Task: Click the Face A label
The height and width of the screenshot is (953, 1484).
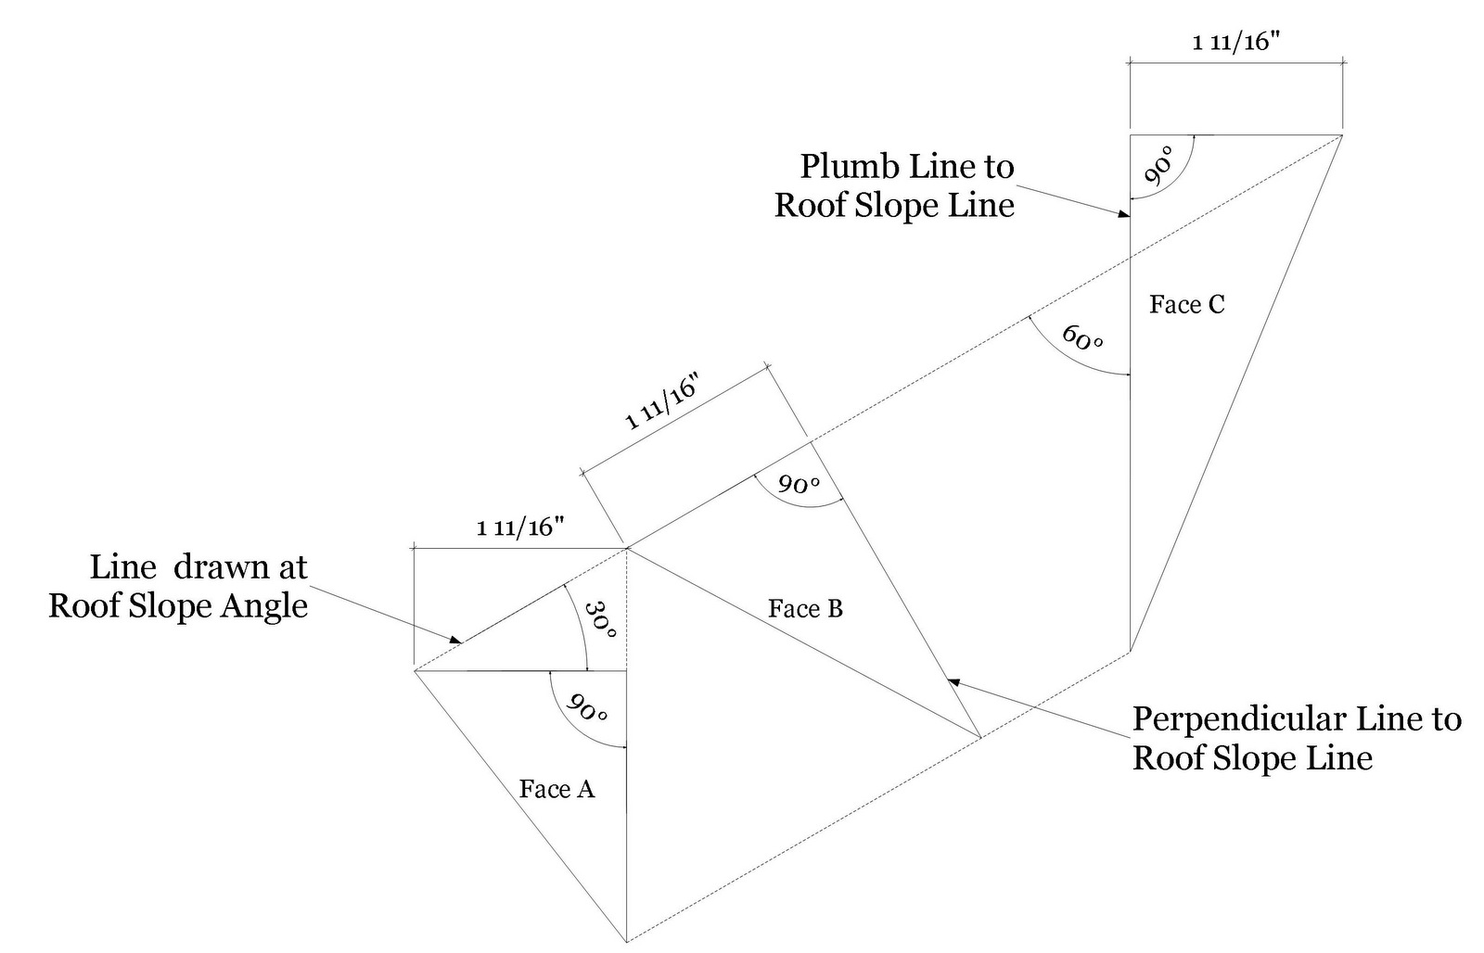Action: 556,789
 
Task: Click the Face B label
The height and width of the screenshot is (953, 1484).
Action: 805,609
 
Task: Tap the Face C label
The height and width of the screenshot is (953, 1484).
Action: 1186,304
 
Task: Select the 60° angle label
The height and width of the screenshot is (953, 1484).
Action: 1082,337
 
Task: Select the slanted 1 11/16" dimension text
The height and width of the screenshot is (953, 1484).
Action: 661,404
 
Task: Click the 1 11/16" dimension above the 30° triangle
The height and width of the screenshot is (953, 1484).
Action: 520,528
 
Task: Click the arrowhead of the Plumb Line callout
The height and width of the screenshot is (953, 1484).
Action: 1125,215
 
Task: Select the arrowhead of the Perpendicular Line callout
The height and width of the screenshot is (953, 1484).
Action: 952,681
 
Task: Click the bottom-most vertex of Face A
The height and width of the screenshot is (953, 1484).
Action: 627,940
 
